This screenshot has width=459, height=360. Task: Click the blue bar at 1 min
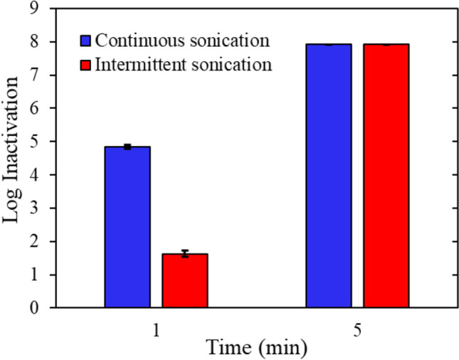click(127, 227)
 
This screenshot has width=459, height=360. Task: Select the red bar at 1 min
click(184, 280)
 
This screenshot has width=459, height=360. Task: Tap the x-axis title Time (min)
click(257, 348)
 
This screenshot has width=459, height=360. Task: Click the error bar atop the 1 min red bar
click(184, 253)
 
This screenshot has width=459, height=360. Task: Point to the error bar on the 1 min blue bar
click(127, 147)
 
